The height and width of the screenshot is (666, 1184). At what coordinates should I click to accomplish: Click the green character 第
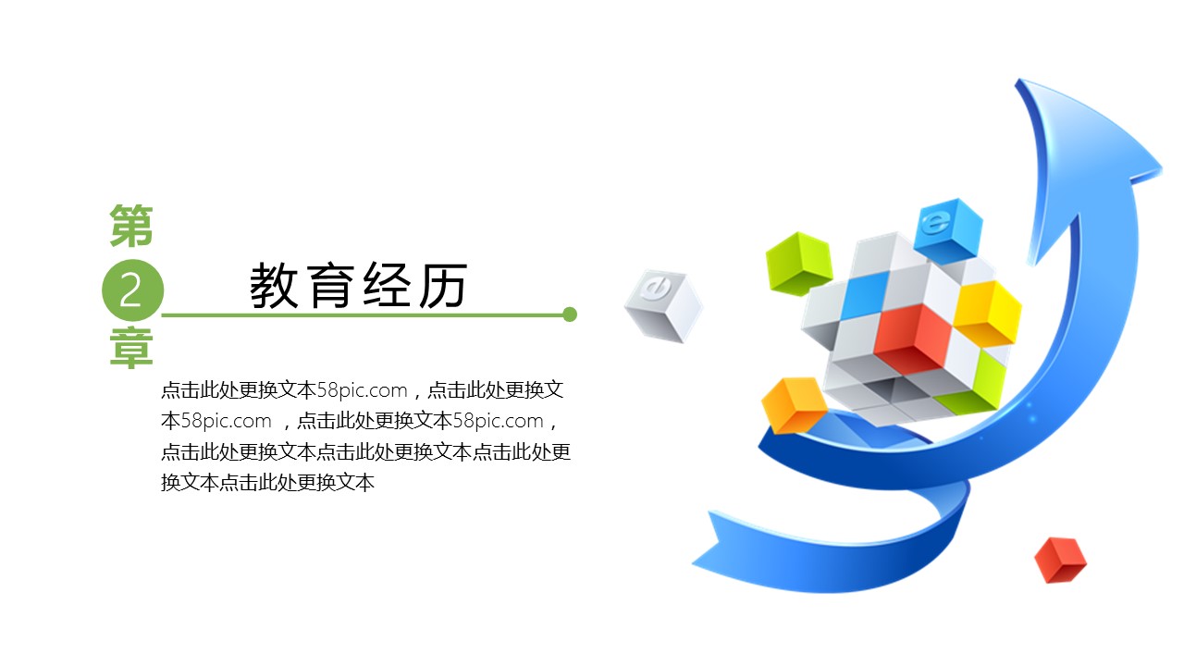point(131,226)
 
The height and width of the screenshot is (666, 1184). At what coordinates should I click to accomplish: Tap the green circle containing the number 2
point(132,290)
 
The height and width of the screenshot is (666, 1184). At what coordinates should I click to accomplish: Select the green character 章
point(131,348)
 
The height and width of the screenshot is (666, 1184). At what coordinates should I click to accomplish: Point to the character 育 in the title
point(330,286)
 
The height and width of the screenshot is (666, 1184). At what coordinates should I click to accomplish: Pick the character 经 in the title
point(387,286)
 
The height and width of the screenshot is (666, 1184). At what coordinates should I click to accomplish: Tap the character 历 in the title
point(443,286)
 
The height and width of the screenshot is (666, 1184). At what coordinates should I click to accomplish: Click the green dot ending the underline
point(570,314)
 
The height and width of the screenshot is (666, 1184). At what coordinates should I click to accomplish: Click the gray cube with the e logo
point(663,305)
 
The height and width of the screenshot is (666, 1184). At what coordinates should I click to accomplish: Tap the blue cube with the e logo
point(948,230)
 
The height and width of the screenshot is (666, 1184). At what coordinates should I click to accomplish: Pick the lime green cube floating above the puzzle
point(798,263)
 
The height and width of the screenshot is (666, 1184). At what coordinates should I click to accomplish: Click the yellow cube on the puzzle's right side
point(987,313)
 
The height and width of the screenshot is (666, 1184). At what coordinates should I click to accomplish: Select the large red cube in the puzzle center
point(913,339)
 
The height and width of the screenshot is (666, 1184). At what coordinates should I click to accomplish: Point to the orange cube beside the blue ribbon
point(794,405)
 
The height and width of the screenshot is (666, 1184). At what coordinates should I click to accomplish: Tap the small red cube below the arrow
point(1060,561)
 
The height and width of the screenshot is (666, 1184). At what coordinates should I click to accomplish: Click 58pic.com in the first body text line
point(362,390)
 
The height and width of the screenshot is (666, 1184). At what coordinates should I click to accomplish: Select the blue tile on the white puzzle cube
point(866,294)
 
